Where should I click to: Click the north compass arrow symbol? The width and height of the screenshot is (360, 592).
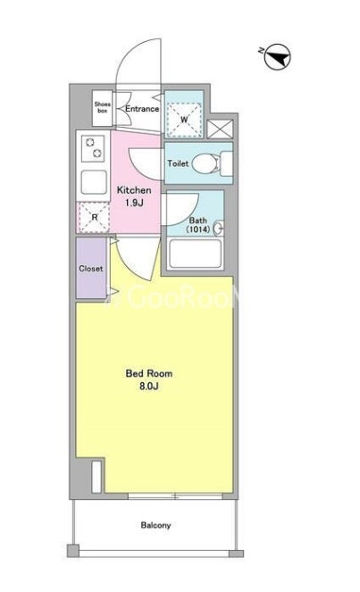pos(277,58)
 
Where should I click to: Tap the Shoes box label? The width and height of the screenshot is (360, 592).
pos(103,107)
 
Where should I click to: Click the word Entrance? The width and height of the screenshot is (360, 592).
pos(142,109)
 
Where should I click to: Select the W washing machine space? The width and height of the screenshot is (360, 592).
pos(184,120)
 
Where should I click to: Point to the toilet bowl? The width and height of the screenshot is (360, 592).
pos(205,163)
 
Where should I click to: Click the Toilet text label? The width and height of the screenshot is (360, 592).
pos(178,163)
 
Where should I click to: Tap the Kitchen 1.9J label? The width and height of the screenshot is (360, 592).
pos(134,196)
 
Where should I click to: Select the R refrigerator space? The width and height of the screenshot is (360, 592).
pos(94,217)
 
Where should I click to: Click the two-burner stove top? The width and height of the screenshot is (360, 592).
pos(93,148)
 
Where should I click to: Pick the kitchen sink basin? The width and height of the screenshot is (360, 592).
pos(94,182)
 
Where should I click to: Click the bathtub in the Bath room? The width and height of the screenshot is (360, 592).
pos(195,254)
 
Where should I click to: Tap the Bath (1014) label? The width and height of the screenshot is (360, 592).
pos(198,225)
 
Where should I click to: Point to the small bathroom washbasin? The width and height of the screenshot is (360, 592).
pos(219,228)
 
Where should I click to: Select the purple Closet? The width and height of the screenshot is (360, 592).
pos(91,269)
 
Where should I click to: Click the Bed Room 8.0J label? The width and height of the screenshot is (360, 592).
pos(149,379)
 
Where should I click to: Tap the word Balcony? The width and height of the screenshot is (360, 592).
pos(155,525)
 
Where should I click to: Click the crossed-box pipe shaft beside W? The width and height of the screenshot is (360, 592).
pos(221,129)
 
